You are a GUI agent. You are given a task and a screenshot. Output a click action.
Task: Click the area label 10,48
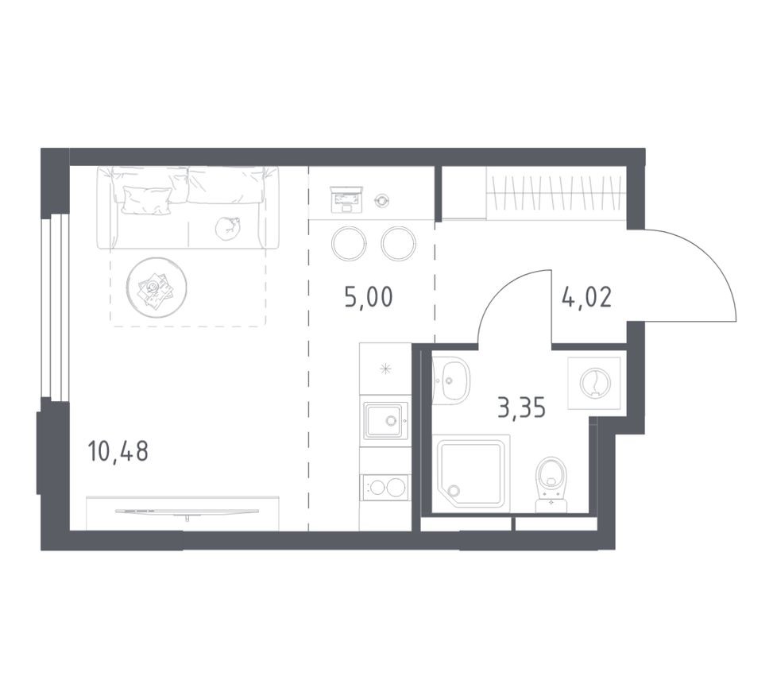click(118, 452)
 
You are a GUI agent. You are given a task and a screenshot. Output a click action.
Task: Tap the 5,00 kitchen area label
click(368, 298)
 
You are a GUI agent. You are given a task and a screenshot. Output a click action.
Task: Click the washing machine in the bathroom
click(594, 383)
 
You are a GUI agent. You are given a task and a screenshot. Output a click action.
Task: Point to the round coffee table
click(157, 288)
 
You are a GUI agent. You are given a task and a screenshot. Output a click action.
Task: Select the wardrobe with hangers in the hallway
click(555, 191)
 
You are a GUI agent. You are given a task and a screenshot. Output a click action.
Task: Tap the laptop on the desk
click(346, 196)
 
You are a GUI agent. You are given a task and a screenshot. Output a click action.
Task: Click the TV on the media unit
click(187, 512)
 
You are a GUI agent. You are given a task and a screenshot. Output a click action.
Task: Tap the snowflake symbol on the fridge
click(385, 368)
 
